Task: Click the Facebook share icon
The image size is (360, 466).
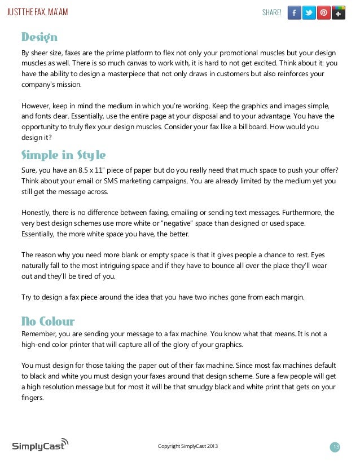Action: (294, 12)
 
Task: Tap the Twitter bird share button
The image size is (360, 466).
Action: (309, 12)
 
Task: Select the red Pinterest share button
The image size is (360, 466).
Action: (323, 12)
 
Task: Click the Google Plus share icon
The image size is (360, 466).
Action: (338, 12)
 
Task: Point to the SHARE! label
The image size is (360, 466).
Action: (272, 12)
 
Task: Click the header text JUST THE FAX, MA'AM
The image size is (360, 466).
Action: (37, 12)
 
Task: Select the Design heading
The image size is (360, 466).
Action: (39, 38)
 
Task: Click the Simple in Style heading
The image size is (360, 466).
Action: (63, 155)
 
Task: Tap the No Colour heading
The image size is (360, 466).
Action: (48, 322)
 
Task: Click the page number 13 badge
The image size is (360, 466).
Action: (336, 447)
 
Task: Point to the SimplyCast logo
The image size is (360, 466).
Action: (40, 445)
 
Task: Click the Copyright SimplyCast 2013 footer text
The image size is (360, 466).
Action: (187, 447)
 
